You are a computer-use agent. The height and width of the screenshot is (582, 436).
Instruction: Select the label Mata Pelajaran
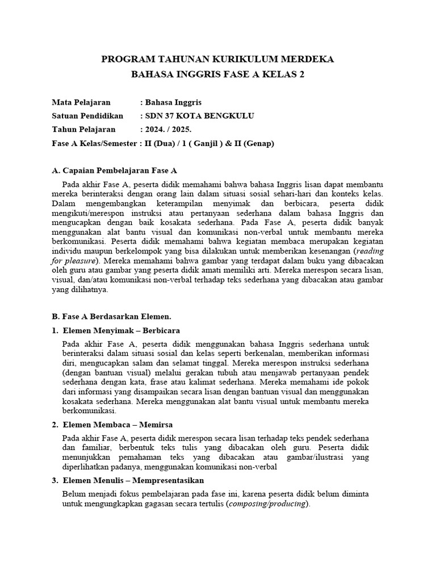pyautogui.click(x=81, y=102)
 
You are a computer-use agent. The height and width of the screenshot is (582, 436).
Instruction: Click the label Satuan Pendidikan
pyautogui.click(x=87, y=116)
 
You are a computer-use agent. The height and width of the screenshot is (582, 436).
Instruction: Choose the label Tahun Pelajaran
pyautogui.click(x=83, y=130)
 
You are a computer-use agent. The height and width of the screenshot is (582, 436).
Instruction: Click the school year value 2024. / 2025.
pyautogui.click(x=169, y=130)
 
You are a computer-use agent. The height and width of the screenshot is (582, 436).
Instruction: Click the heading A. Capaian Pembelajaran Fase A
pyautogui.click(x=114, y=170)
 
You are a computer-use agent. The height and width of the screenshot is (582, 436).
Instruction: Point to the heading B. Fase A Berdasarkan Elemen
pyautogui.click(x=111, y=316)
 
